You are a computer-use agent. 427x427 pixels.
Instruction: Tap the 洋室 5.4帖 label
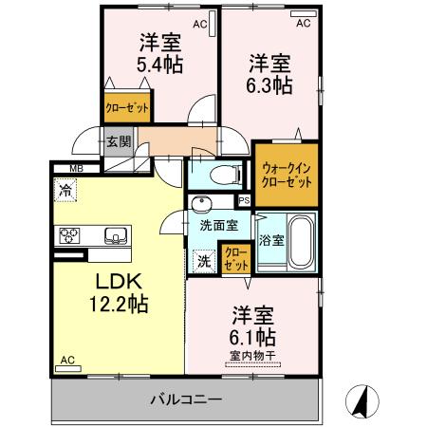click(x=160, y=53)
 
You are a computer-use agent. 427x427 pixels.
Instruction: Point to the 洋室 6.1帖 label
click(x=252, y=326)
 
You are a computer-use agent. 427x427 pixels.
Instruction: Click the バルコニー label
click(x=185, y=399)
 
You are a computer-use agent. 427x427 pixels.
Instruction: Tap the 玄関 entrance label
click(x=118, y=143)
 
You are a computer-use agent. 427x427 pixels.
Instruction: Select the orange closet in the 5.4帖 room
click(x=127, y=107)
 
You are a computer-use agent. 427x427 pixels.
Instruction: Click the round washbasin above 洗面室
click(x=203, y=207)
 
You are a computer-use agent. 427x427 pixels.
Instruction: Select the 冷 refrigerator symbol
click(x=65, y=188)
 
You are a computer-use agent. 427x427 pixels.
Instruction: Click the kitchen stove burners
click(x=72, y=235)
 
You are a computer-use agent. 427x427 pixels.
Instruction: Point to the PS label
click(x=244, y=200)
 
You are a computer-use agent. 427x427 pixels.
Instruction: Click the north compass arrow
click(x=362, y=401)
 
